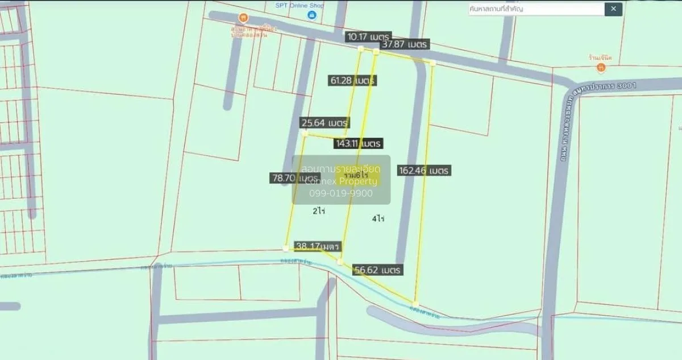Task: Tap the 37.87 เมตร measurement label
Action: click(405, 44)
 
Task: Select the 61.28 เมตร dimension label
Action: click(353, 81)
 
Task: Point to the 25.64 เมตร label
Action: click(325, 123)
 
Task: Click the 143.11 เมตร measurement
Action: click(358, 143)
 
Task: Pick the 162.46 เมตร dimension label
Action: click(425, 170)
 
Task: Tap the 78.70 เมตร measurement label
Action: click(294, 178)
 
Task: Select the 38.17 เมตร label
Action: click(317, 247)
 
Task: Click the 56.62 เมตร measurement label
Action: click(377, 270)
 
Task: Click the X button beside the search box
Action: click(614, 9)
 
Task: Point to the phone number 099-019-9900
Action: click(341, 193)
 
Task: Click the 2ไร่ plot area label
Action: click(318, 210)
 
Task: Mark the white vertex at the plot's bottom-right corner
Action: click(416, 303)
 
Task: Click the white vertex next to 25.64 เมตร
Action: click(305, 134)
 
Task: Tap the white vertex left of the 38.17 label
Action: click(285, 248)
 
